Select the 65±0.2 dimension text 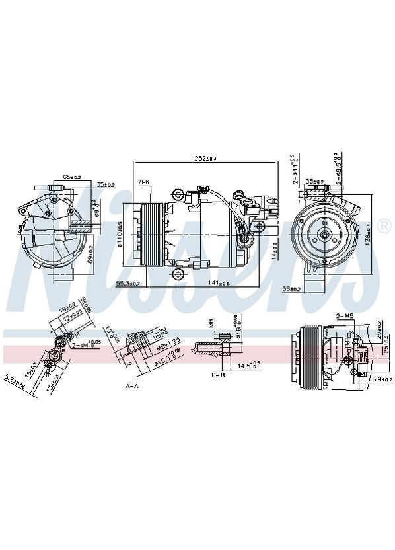(71, 177)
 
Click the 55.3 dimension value (128, 284)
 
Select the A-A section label (131, 385)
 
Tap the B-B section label (219, 375)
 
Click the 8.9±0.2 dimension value (379, 379)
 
